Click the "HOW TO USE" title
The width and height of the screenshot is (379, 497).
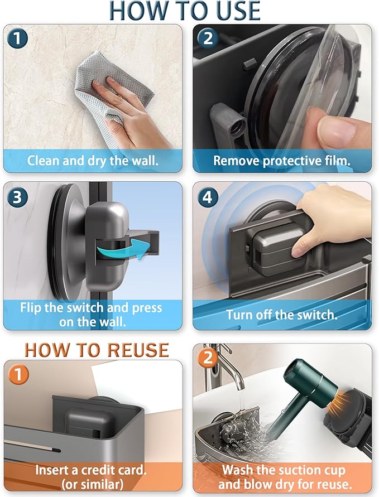pos(185,11)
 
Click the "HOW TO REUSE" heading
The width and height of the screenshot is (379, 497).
pos(97,349)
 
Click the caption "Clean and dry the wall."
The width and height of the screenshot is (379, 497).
pos(93,161)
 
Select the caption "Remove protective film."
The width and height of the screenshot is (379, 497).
pos(282,161)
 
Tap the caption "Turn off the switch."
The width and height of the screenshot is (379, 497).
pos(282,314)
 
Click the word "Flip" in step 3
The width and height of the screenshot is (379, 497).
pos(31,307)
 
